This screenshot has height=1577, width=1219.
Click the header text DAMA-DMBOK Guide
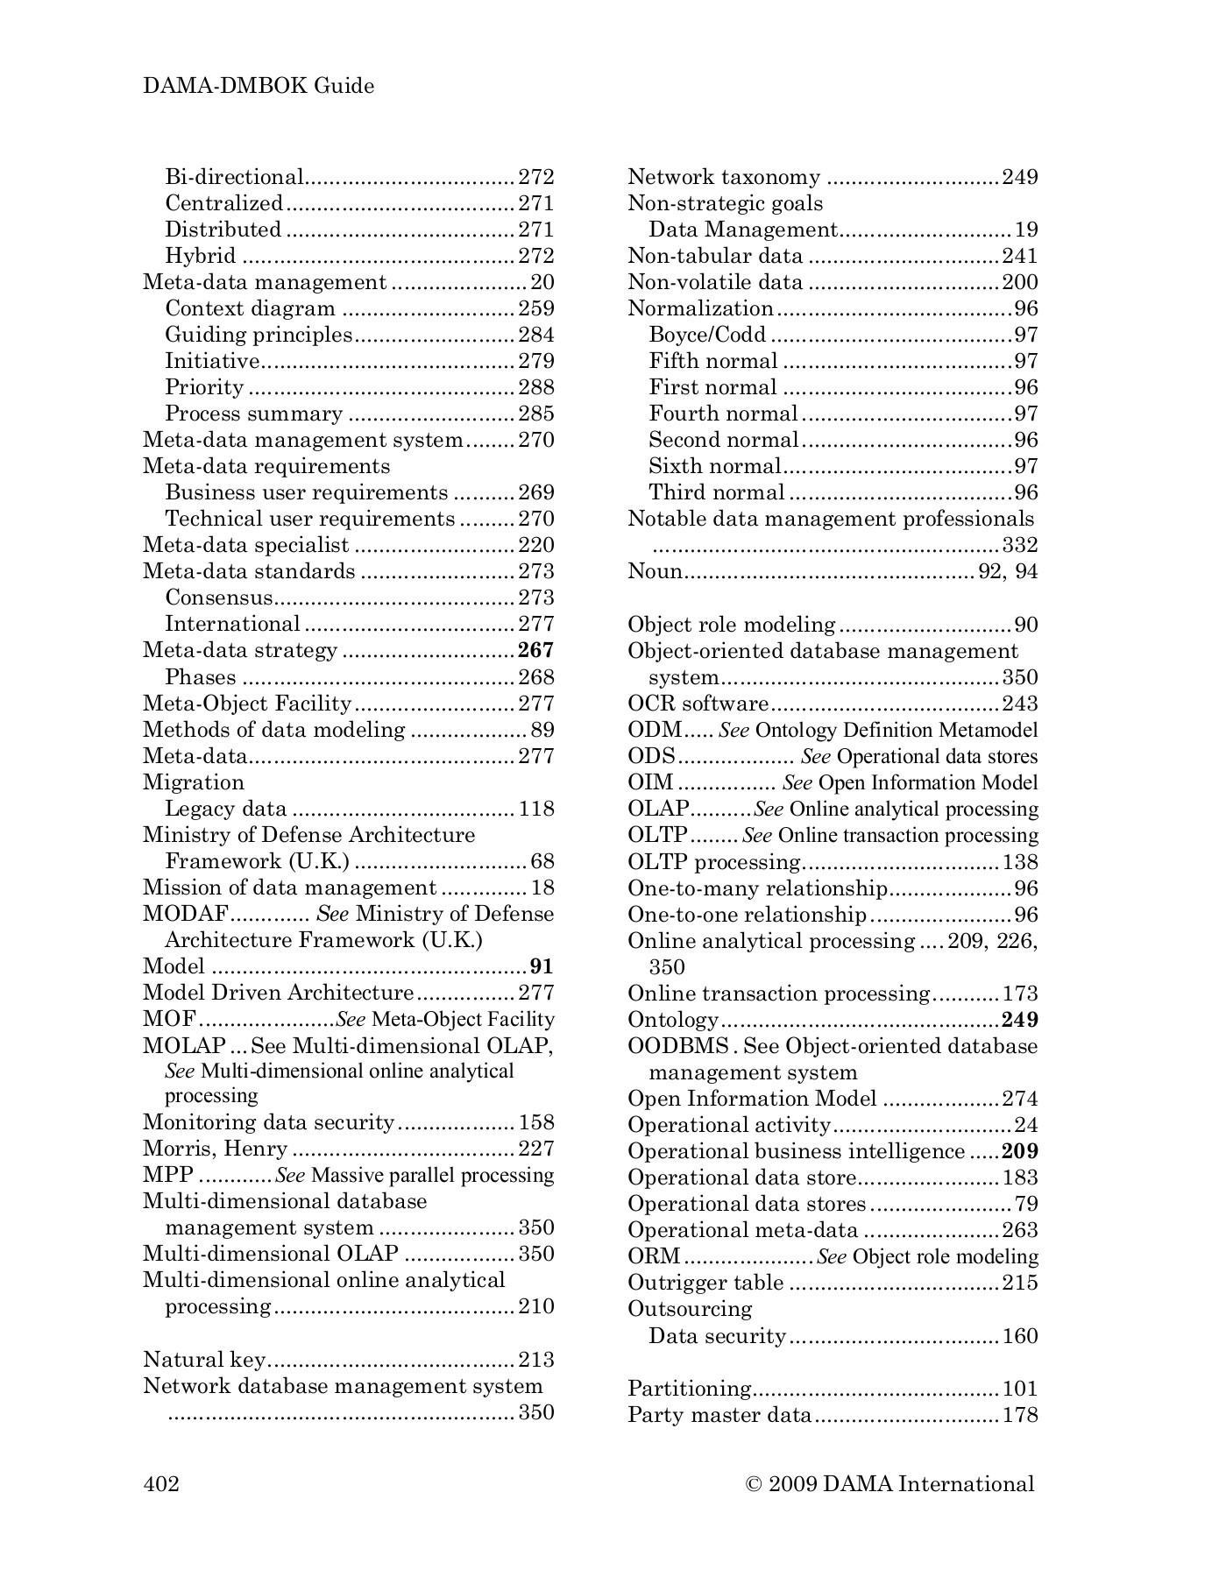click(x=259, y=86)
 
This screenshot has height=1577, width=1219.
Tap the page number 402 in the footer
click(x=161, y=1483)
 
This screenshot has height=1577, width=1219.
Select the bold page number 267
click(x=535, y=650)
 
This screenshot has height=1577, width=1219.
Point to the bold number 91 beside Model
click(x=542, y=966)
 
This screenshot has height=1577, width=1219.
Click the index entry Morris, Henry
click(x=216, y=1149)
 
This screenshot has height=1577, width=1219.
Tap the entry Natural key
click(x=204, y=1359)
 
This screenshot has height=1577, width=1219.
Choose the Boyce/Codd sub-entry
click(x=707, y=335)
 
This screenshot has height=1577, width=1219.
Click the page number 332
click(x=1019, y=545)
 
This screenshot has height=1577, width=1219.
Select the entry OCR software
click(x=698, y=704)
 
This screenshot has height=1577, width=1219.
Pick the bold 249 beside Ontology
click(x=1019, y=1020)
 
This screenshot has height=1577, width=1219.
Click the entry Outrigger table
click(x=705, y=1283)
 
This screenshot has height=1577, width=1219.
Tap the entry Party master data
click(x=719, y=1414)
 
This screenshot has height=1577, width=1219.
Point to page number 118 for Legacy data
click(x=536, y=809)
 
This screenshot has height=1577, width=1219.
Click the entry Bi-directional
click(x=234, y=177)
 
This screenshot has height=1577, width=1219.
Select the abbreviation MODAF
click(x=186, y=914)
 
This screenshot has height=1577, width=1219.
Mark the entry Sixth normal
click(x=713, y=466)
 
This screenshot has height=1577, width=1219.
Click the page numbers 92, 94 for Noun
click(x=1008, y=571)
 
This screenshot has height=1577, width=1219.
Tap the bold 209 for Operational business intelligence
click(x=1019, y=1151)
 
